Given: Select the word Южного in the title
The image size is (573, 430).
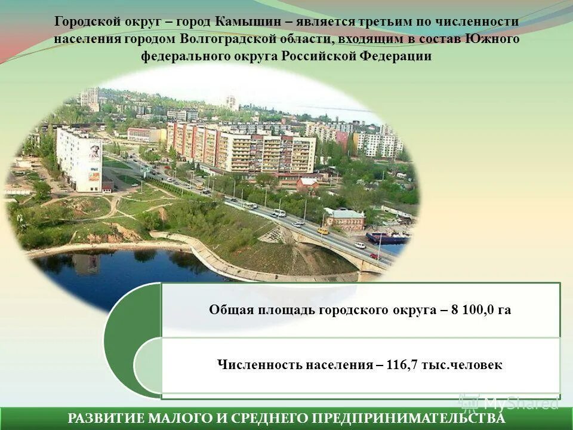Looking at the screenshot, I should pos(495,39).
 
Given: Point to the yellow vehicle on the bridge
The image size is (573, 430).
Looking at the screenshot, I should pos(322,230).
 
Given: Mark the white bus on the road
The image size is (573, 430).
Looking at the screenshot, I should pos(250,205).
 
